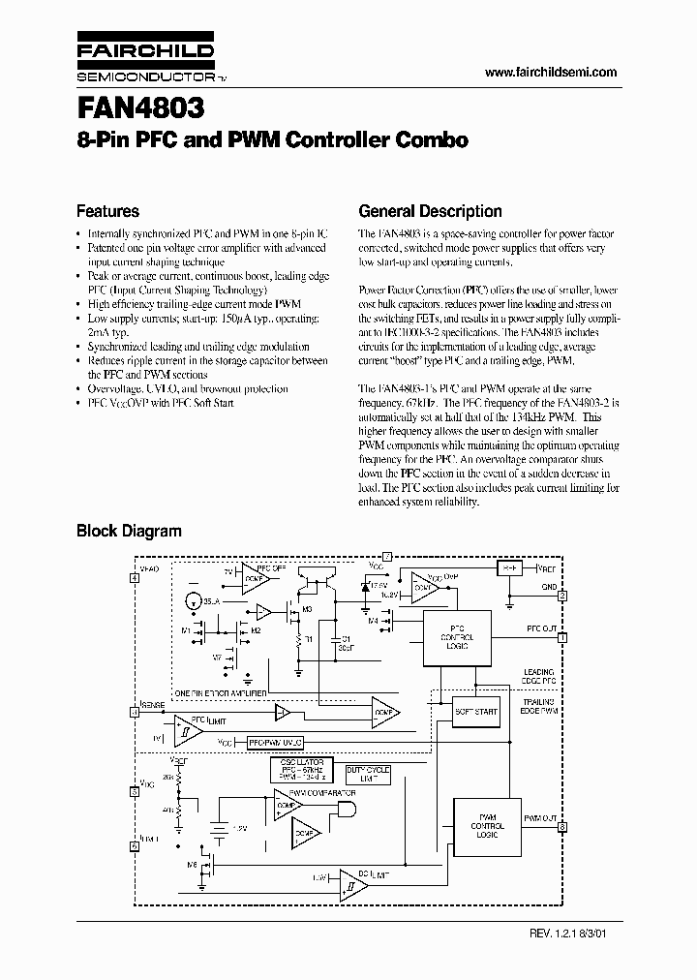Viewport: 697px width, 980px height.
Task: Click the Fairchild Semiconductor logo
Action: [143, 58]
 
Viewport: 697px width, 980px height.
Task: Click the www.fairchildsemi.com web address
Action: [550, 73]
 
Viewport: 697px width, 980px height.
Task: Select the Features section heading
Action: [107, 211]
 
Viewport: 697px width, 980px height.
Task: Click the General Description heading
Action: [430, 211]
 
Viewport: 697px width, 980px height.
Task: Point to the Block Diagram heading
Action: [129, 531]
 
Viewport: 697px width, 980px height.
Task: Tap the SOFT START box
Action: [475, 712]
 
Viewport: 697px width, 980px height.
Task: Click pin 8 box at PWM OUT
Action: [562, 826]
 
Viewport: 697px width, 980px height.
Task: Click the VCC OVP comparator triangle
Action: [422, 588]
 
